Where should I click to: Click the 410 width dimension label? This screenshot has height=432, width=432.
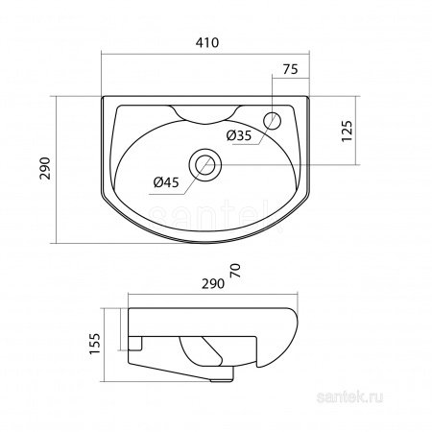(x=207, y=42)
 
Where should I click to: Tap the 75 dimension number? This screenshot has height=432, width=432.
(x=290, y=69)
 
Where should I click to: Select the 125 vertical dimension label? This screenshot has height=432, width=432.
(x=347, y=131)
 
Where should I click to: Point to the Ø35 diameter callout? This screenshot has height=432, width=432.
(x=239, y=136)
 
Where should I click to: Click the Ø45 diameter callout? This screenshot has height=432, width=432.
(x=166, y=182)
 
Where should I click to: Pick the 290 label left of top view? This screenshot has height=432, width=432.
(x=45, y=168)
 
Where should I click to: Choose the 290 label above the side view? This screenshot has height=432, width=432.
(x=213, y=284)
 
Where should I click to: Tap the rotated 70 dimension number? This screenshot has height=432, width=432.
(x=235, y=271)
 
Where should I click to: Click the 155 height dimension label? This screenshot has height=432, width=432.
(x=95, y=344)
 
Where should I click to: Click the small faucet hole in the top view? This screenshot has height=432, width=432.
(x=273, y=121)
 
